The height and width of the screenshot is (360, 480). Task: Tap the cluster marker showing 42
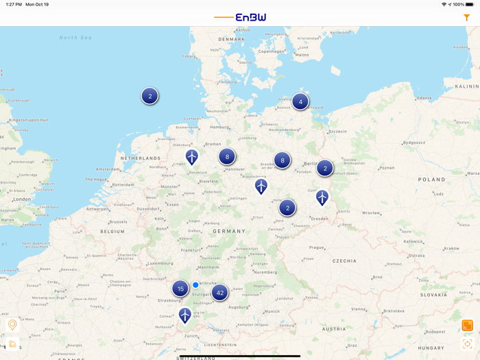(x=219, y=293)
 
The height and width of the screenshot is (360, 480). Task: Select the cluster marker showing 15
(x=180, y=289)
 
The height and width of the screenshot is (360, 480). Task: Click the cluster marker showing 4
(x=300, y=102)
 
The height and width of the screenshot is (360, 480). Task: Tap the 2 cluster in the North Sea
(x=150, y=96)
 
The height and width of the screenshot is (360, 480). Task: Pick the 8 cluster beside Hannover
(x=227, y=157)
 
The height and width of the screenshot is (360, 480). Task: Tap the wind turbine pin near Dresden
(x=322, y=197)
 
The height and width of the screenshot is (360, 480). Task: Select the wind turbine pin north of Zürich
(x=184, y=315)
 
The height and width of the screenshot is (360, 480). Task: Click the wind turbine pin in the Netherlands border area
(x=192, y=157)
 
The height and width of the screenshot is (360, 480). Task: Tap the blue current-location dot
(x=195, y=285)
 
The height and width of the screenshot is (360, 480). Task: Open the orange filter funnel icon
(x=467, y=18)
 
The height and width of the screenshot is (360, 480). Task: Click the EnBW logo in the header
(x=250, y=17)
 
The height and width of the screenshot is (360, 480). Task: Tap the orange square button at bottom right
(x=467, y=325)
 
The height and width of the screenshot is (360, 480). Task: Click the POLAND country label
(x=432, y=180)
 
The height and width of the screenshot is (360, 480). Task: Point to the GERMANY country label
(x=228, y=231)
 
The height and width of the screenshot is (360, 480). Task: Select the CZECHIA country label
(x=344, y=261)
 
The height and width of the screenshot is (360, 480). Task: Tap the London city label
(x=22, y=200)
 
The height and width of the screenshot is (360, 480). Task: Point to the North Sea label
(x=75, y=38)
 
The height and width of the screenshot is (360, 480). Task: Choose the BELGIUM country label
(x=113, y=232)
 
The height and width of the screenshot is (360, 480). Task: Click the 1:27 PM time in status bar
(x=13, y=4)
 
